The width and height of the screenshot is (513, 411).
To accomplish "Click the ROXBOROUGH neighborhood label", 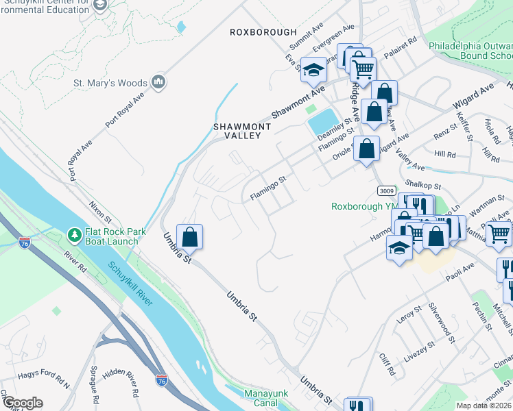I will (263, 32).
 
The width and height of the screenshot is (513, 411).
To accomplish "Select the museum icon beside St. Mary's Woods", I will (159, 83).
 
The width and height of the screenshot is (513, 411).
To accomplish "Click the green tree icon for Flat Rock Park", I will (74, 236).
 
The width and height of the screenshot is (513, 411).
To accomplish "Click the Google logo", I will (22, 403).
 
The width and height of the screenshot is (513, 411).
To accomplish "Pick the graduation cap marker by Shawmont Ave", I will (314, 69).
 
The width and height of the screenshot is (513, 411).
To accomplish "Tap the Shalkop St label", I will (421, 184).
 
